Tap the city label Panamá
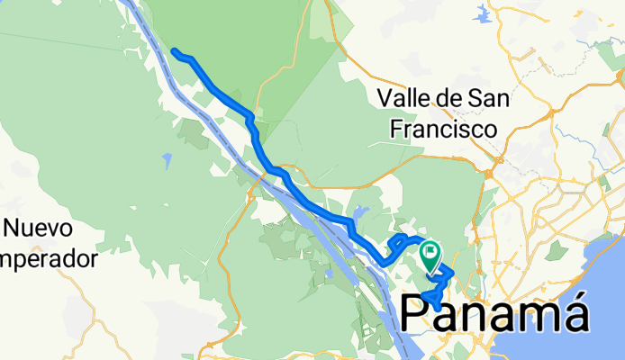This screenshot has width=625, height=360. coord(494,314)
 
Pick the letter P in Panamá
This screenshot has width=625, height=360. coord(418,314)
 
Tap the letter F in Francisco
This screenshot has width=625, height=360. coord(397,129)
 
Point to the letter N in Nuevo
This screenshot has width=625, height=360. coord(14,228)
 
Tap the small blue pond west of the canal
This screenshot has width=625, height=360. coord(167,161)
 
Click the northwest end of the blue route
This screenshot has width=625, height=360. coord(174,51)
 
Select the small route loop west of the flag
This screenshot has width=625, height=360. coord(399,241)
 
